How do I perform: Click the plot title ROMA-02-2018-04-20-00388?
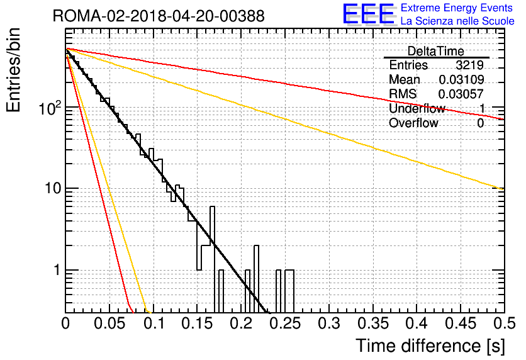[159, 16]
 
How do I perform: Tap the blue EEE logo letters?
[369, 14]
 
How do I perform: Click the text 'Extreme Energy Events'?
[457, 8]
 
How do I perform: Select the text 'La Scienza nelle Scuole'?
[457, 21]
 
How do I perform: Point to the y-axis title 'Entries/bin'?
[13, 70]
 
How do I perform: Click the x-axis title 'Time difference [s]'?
[430, 346]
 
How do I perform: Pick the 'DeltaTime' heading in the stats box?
[435, 51]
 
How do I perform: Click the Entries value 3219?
[469, 65]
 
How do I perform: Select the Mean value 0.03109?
[461, 79]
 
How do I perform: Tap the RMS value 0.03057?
[461, 94]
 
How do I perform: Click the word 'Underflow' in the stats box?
[417, 108]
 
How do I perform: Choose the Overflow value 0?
[480, 123]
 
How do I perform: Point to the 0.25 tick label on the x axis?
[285, 323]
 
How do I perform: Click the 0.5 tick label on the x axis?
[505, 323]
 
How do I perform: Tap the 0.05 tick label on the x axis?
[109, 323]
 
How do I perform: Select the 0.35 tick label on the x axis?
[373, 323]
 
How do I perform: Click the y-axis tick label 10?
[53, 188]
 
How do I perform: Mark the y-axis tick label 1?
[57, 270]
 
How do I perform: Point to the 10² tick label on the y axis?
[50, 108]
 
